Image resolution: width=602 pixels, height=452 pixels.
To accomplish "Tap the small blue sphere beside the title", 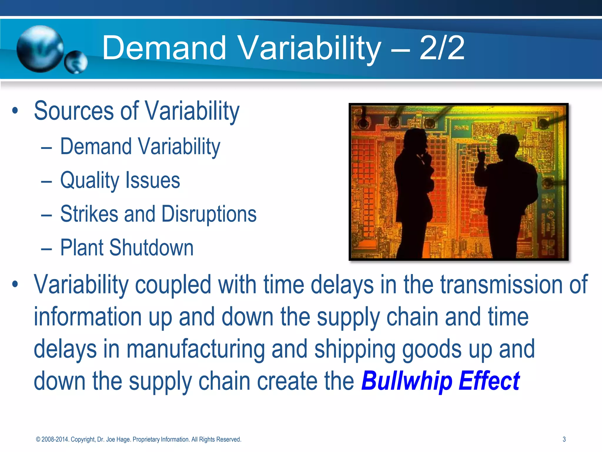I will pyautogui.click(x=76, y=62).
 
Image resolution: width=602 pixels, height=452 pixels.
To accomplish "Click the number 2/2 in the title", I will pyautogui.click(x=442, y=48).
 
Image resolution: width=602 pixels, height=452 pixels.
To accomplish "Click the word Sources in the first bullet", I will pyautogui.click(x=74, y=111).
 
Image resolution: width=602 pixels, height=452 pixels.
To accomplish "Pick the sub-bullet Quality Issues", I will pyautogui.click(x=120, y=180).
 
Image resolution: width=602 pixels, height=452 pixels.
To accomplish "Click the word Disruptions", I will pyautogui.click(x=209, y=214).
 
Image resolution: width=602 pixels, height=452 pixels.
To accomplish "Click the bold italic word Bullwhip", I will pyautogui.click(x=407, y=381).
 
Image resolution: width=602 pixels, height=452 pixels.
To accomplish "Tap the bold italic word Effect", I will pyautogui.click(x=489, y=381).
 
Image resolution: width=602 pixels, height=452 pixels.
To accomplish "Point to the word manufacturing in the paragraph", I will pyautogui.click(x=195, y=349).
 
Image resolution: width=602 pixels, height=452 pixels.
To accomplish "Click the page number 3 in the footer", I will pyautogui.click(x=564, y=439).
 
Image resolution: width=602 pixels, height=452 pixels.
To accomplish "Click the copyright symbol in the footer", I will pyautogui.click(x=38, y=439).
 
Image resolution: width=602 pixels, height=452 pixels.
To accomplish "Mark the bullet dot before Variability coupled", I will pyautogui.click(x=15, y=285).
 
